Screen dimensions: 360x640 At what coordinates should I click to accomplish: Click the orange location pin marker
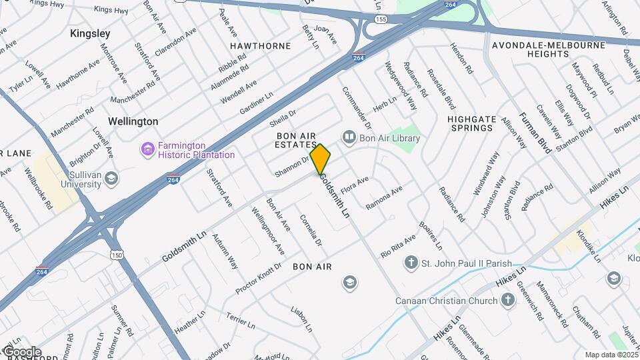pos(321,159)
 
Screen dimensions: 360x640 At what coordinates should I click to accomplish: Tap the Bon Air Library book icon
pos(349,137)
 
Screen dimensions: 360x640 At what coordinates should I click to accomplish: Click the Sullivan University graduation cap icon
pos(111,179)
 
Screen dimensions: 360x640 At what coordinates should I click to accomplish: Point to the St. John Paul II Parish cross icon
pos(411,263)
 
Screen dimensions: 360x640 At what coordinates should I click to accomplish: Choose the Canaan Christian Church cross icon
pos(507,300)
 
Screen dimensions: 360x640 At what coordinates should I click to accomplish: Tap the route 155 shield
pos(381,20)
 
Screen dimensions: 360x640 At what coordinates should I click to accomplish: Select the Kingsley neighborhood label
pos(90,33)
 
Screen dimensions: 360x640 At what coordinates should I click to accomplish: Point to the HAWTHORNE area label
pos(261,46)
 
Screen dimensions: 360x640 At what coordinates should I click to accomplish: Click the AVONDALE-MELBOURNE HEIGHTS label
pos(548,49)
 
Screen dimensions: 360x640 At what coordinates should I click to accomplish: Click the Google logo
pos(21,352)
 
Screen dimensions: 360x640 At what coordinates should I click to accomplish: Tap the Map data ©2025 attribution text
pos(611,355)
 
